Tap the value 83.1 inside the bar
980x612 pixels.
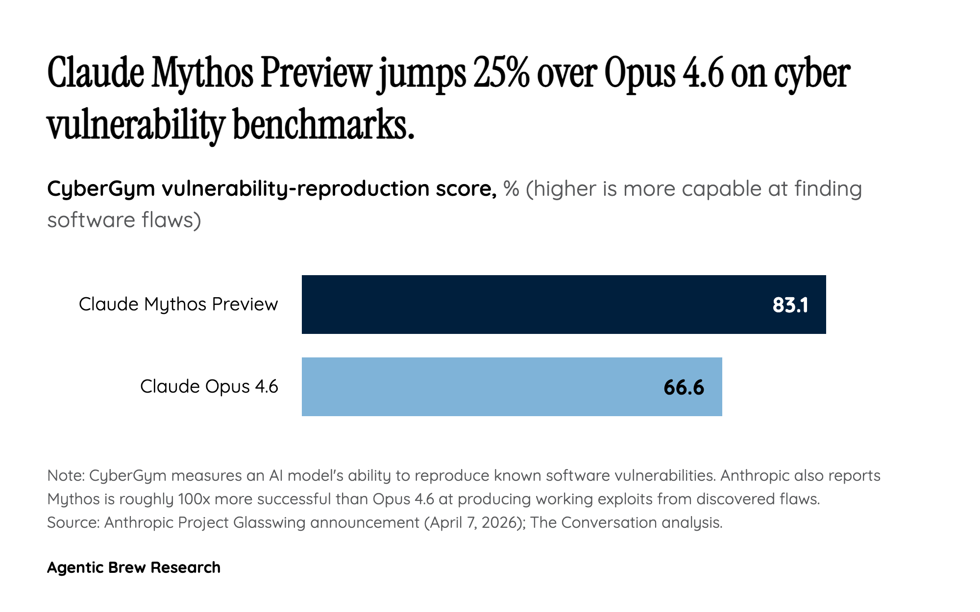pos(790,305)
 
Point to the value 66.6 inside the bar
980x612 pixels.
pos(684,387)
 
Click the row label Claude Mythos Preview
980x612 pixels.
pos(178,305)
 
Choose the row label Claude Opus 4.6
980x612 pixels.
pos(209,387)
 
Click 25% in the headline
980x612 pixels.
pos(501,73)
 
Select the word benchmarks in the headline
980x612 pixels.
pos(323,125)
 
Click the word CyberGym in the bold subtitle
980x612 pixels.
pos(101,189)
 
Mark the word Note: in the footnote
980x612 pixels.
pos(66,475)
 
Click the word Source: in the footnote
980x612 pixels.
pos(73,522)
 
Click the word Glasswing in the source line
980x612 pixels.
pos(269,522)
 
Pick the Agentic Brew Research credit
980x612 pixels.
pos(134,567)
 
